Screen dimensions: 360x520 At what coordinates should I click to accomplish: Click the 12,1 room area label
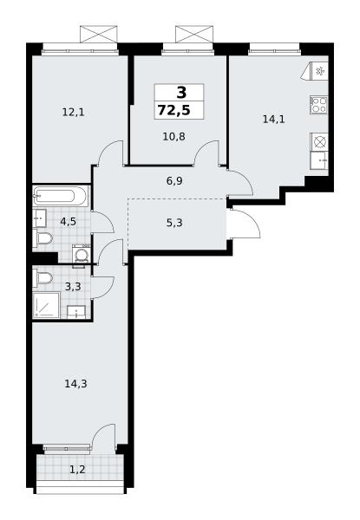click(x=74, y=113)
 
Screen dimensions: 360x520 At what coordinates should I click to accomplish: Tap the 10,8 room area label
click(x=173, y=136)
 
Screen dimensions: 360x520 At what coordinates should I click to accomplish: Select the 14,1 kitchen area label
click(x=274, y=119)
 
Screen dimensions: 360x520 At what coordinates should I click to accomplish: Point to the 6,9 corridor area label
click(x=174, y=181)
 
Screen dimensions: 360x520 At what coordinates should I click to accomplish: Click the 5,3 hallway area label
click(x=174, y=223)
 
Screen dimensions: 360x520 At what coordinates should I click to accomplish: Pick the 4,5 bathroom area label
click(x=68, y=221)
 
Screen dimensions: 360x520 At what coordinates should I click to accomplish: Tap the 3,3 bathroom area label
click(x=73, y=286)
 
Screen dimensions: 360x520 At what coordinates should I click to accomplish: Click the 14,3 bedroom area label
click(x=76, y=384)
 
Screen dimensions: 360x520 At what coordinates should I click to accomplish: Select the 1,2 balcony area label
click(x=77, y=470)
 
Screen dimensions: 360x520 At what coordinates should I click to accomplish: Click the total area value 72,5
click(x=174, y=110)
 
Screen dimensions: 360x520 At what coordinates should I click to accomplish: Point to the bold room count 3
click(x=181, y=93)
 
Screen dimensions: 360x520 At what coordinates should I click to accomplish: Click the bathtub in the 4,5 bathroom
click(x=61, y=196)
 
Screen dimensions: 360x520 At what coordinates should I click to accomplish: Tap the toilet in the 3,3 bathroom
click(x=43, y=277)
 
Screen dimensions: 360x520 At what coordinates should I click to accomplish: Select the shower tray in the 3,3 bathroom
click(x=46, y=305)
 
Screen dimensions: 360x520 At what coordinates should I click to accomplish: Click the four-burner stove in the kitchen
click(x=319, y=105)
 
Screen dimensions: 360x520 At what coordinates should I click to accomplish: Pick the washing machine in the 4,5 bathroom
click(x=81, y=255)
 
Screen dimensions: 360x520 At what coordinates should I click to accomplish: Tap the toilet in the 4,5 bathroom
click(x=43, y=237)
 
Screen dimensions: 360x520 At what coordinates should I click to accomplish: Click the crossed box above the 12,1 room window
click(x=99, y=34)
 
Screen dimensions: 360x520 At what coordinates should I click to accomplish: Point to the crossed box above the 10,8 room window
click(x=194, y=34)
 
